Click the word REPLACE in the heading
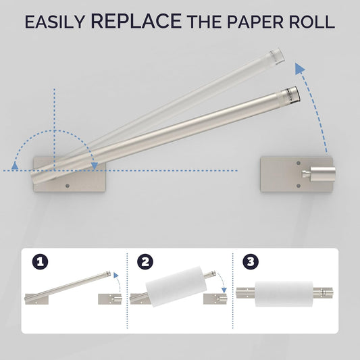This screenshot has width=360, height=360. click(136, 21)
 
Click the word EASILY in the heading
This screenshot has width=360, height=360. click(55, 22)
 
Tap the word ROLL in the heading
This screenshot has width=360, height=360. click(311, 22)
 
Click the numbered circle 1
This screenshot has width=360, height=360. click(40, 261)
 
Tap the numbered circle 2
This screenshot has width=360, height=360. click(145, 261)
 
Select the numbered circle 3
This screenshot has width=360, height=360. click(251, 261)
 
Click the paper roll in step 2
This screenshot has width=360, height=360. click(176, 286)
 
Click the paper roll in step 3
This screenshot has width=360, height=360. click(284, 294)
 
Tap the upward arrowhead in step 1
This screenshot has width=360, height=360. click(116, 276)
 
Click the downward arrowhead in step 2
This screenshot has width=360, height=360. click(224, 290)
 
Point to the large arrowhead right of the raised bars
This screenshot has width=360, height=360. click(299, 68)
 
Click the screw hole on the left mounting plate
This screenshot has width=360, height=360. click(68, 186)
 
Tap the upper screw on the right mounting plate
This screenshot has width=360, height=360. click(299, 163)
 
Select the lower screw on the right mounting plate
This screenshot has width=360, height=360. click(299, 186)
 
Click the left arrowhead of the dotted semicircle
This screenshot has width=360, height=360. click(15, 165)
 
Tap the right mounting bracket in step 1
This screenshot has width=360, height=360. click(110, 299)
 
